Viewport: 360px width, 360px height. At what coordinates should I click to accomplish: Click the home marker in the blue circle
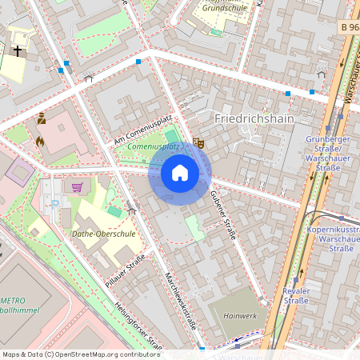(x=180, y=173)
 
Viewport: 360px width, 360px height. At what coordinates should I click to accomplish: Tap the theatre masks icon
(x=199, y=142)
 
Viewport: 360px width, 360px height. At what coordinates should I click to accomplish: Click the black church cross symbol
(x=18, y=50)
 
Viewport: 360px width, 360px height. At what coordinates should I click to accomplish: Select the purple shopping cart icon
(x=77, y=188)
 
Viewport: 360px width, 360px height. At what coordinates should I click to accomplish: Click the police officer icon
(x=41, y=119)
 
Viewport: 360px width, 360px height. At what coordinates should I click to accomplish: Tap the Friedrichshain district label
(x=254, y=118)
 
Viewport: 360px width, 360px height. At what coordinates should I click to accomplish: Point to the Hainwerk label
(x=240, y=315)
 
